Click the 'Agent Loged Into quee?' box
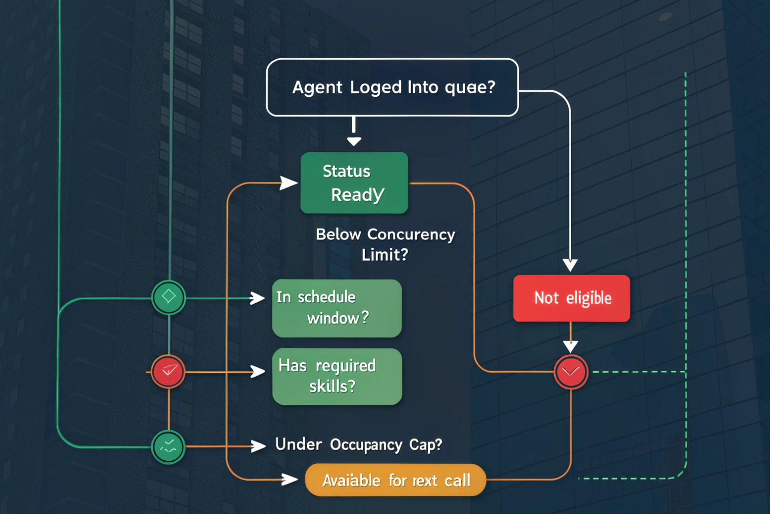392,87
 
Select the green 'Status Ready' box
354,183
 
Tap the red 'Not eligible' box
572,298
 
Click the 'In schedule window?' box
337,308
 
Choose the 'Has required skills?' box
337,376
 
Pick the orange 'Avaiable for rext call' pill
395,480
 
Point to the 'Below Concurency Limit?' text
385,244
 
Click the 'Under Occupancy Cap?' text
358,445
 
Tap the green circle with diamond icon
169,297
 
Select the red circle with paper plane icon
169,372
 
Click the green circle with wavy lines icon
169,447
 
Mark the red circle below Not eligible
571,372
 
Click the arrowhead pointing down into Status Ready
354,141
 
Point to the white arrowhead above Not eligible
570,265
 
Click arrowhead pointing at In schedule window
258,298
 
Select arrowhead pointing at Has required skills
258,372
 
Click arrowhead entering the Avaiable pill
290,479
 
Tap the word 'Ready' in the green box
357,195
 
